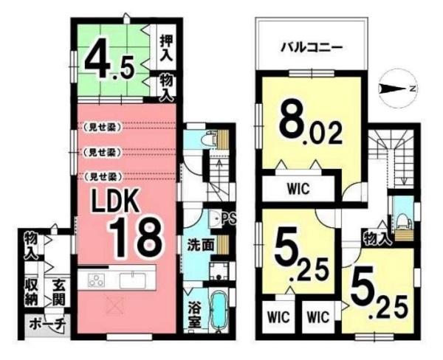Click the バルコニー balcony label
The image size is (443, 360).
click(x=310, y=47)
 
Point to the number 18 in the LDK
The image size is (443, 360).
click(x=136, y=236)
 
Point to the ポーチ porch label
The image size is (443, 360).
click(x=46, y=323)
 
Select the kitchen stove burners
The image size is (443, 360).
click(x=97, y=279)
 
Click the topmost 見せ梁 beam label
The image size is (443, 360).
click(x=102, y=126)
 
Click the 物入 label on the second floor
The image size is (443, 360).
click(x=377, y=236)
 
